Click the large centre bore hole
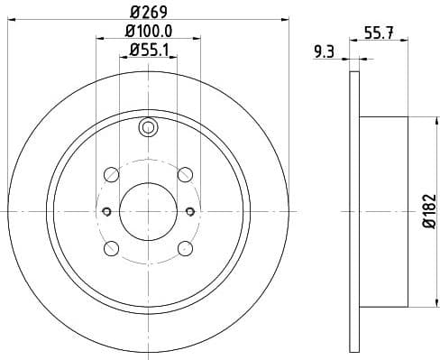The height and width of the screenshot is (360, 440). coord(148,211)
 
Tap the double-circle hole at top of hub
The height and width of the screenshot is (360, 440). coord(148,129)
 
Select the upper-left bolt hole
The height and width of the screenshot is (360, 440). coord(111,174)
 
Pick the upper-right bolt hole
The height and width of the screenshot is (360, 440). coord(185,174)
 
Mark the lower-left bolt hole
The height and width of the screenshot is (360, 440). coord(111,248)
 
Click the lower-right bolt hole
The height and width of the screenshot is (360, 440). coord(185,248)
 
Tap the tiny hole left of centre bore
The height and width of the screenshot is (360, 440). coord(105,211)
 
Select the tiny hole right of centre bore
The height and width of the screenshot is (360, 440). coord(190,211)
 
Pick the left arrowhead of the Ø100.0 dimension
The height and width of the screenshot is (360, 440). coord(98,39)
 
